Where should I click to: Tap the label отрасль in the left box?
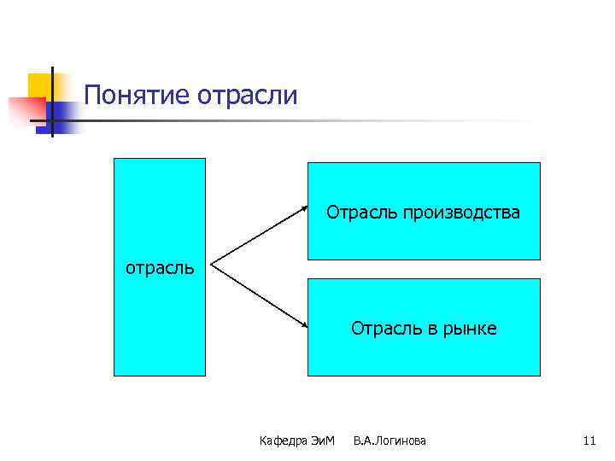pyautogui.click(x=160, y=267)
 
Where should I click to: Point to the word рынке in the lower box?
pyautogui.click(x=470, y=328)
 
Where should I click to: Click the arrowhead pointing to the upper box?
pyautogui.click(x=304, y=207)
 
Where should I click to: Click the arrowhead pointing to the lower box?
pyautogui.click(x=304, y=325)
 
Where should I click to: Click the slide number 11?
pyautogui.click(x=589, y=441)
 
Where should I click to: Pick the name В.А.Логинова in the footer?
pyautogui.click(x=389, y=441)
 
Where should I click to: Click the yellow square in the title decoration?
pyautogui.click(x=39, y=85)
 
